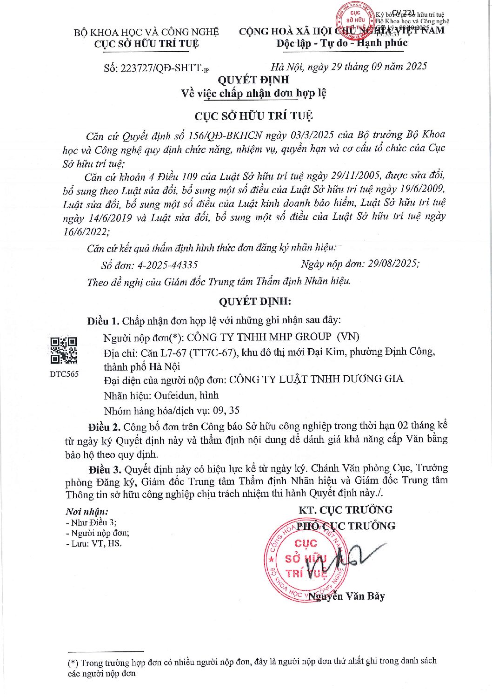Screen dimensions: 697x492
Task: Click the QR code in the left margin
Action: [x=63, y=350]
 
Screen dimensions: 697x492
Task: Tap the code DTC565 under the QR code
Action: [x=64, y=374]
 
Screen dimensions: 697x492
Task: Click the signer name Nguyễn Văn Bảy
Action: [x=347, y=596]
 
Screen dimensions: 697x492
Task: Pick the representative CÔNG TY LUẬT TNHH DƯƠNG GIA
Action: [x=316, y=379]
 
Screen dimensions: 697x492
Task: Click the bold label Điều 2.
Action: [x=105, y=427]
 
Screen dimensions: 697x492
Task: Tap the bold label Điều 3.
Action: [x=106, y=468]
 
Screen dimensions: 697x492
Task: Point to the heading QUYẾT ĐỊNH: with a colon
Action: [x=255, y=301]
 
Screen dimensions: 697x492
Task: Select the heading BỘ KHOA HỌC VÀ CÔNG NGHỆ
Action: [x=146, y=32]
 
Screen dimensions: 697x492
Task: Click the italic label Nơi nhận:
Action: [x=87, y=511]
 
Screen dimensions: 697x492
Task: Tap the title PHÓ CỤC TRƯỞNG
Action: [x=346, y=526]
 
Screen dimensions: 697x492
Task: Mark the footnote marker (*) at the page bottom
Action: [x=73, y=662]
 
